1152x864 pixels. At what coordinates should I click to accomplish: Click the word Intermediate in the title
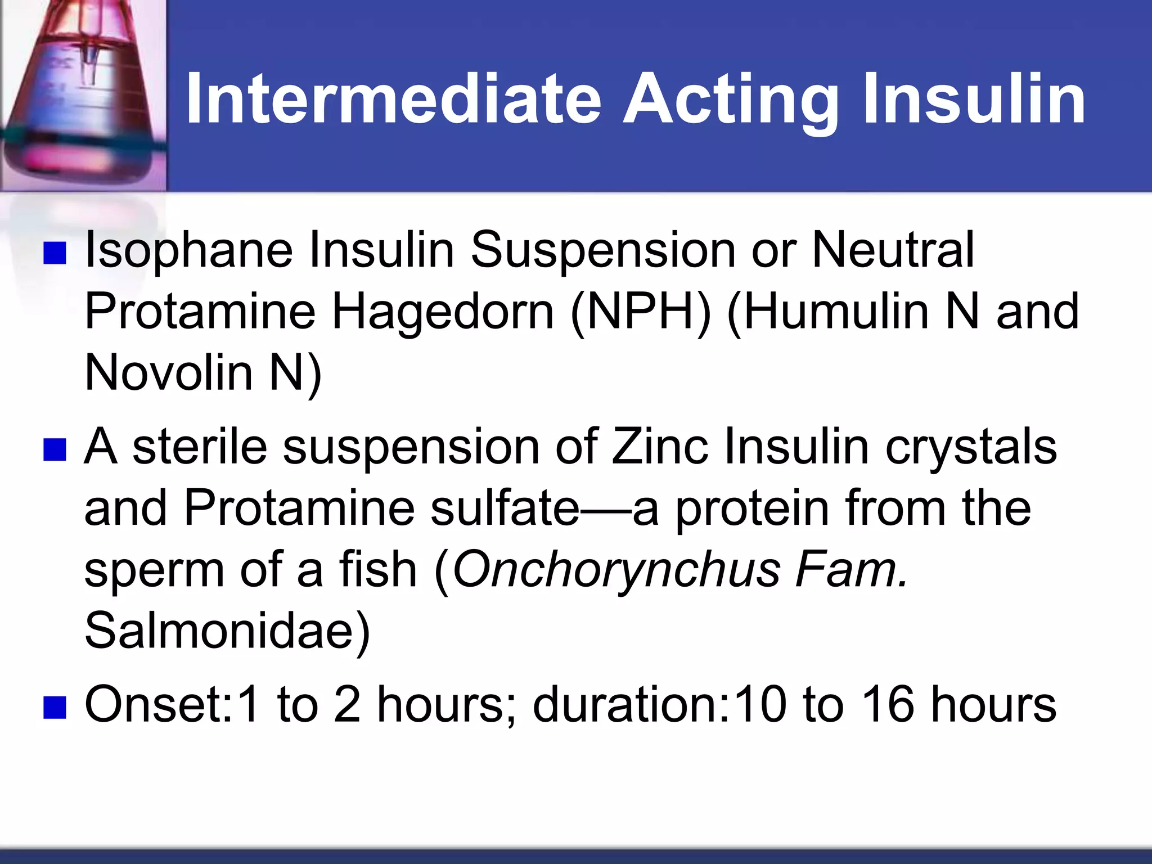tap(394, 100)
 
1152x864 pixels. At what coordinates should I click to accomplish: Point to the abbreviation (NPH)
tap(641, 312)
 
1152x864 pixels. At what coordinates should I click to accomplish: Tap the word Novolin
tap(169, 372)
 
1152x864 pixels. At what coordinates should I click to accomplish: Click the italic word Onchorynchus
tap(616, 570)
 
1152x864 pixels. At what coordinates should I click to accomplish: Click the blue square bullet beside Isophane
tap(55, 254)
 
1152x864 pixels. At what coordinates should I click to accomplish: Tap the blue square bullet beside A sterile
tap(55, 450)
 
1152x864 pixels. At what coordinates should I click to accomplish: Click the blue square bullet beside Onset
tap(55, 708)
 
